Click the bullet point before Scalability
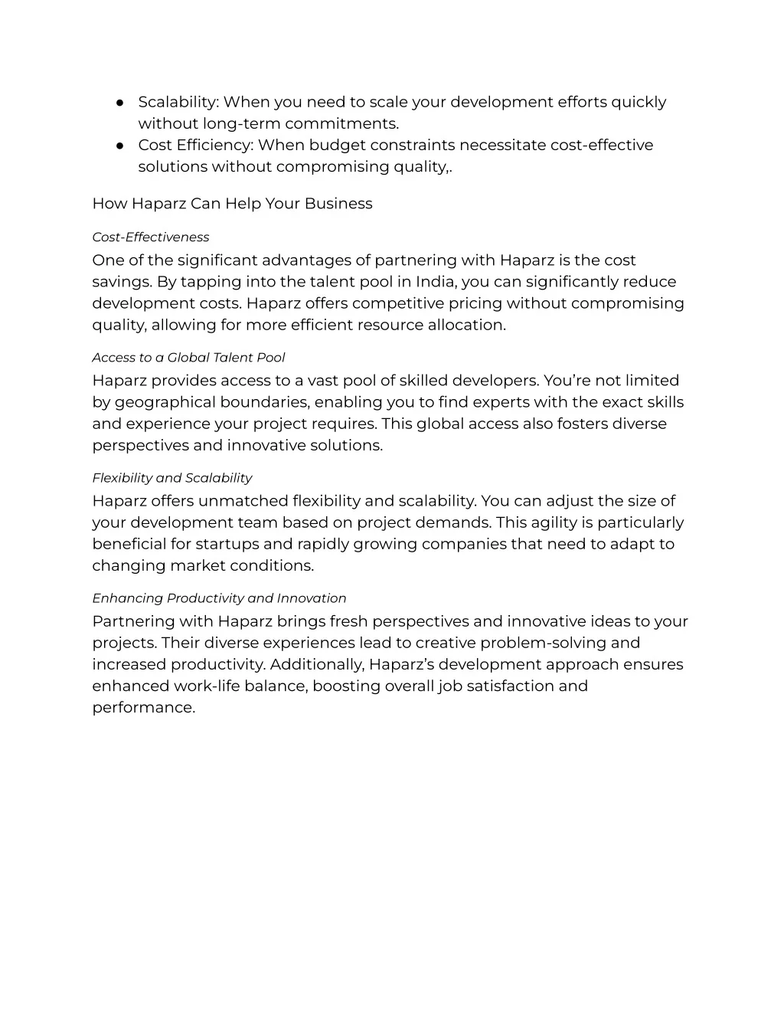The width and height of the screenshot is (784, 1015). (x=120, y=103)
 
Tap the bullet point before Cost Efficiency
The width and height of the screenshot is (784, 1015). (x=120, y=146)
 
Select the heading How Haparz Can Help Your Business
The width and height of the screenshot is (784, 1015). (x=232, y=204)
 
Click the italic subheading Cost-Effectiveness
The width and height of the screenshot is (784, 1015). (x=150, y=237)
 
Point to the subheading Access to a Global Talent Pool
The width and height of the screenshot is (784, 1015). (x=188, y=358)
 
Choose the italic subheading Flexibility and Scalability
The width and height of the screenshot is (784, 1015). (x=171, y=478)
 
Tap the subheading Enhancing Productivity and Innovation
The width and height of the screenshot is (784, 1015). (x=219, y=598)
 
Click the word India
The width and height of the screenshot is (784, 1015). (x=436, y=282)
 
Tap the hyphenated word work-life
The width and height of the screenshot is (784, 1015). (x=209, y=686)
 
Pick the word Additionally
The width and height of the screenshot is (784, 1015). (x=317, y=665)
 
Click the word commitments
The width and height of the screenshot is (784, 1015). (x=341, y=124)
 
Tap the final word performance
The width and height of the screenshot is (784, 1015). (x=143, y=708)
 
